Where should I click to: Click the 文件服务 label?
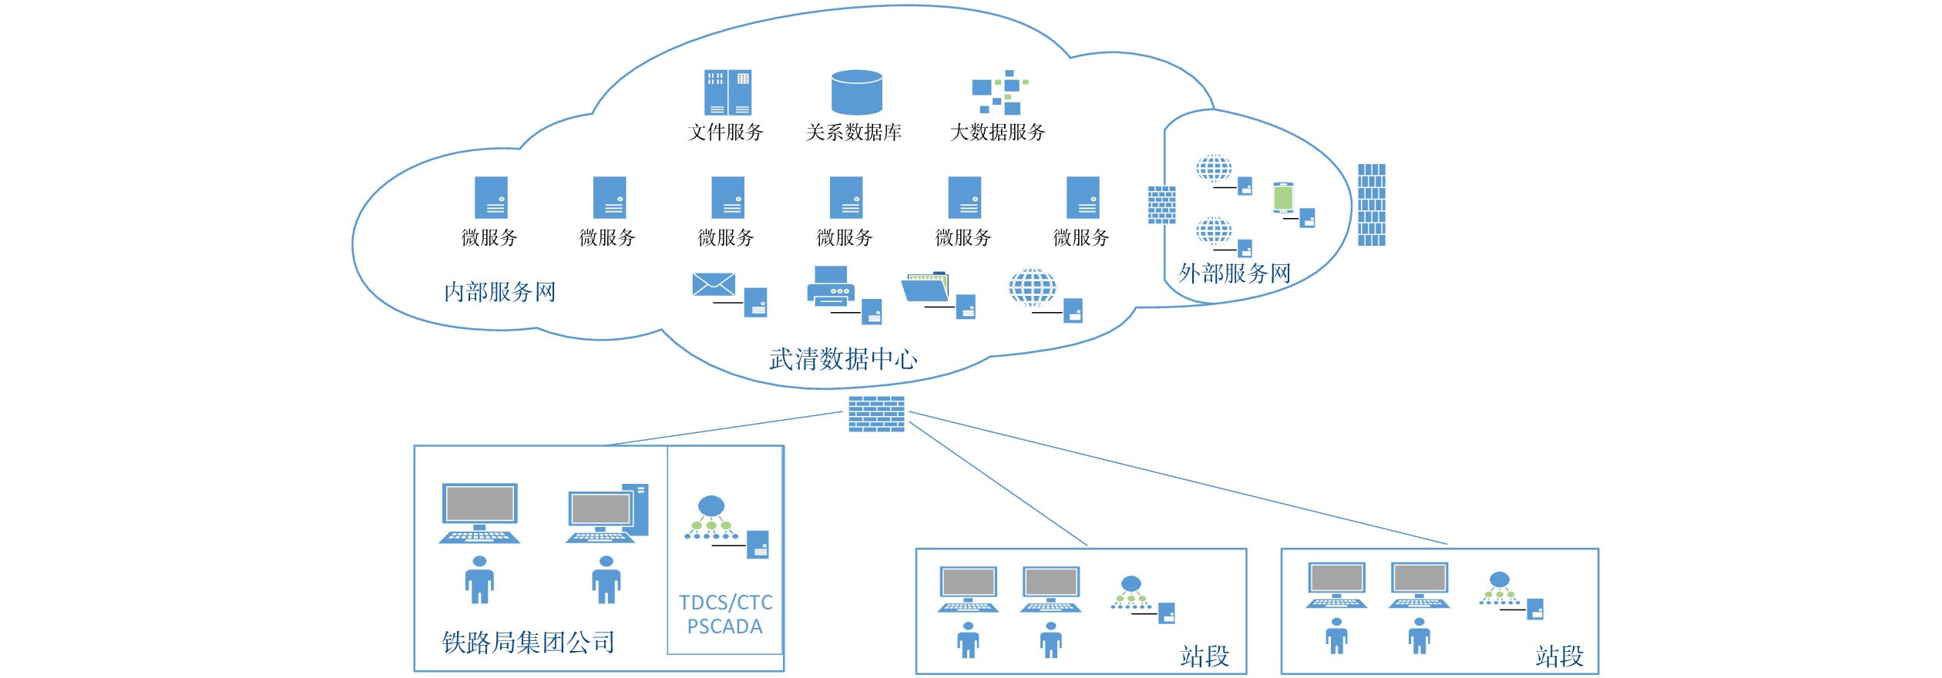(x=725, y=133)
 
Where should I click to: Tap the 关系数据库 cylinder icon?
(x=856, y=92)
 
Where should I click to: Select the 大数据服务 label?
(x=997, y=133)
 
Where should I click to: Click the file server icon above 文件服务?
(x=727, y=92)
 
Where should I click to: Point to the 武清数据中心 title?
(x=843, y=359)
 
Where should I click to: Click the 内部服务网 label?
(x=499, y=292)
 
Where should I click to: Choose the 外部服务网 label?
(x=1235, y=274)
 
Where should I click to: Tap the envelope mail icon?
(x=714, y=284)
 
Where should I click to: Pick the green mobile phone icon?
(x=1283, y=197)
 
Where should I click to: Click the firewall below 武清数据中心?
(x=876, y=414)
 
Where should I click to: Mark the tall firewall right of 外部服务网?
(x=1371, y=205)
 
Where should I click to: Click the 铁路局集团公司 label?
(x=528, y=643)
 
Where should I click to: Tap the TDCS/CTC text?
(x=725, y=602)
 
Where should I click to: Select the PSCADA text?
(x=724, y=627)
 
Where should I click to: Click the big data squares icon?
(x=1000, y=92)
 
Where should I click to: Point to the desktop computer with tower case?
(x=608, y=514)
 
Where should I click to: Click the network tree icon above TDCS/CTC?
(x=711, y=517)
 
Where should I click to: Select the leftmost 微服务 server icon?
(x=491, y=198)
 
